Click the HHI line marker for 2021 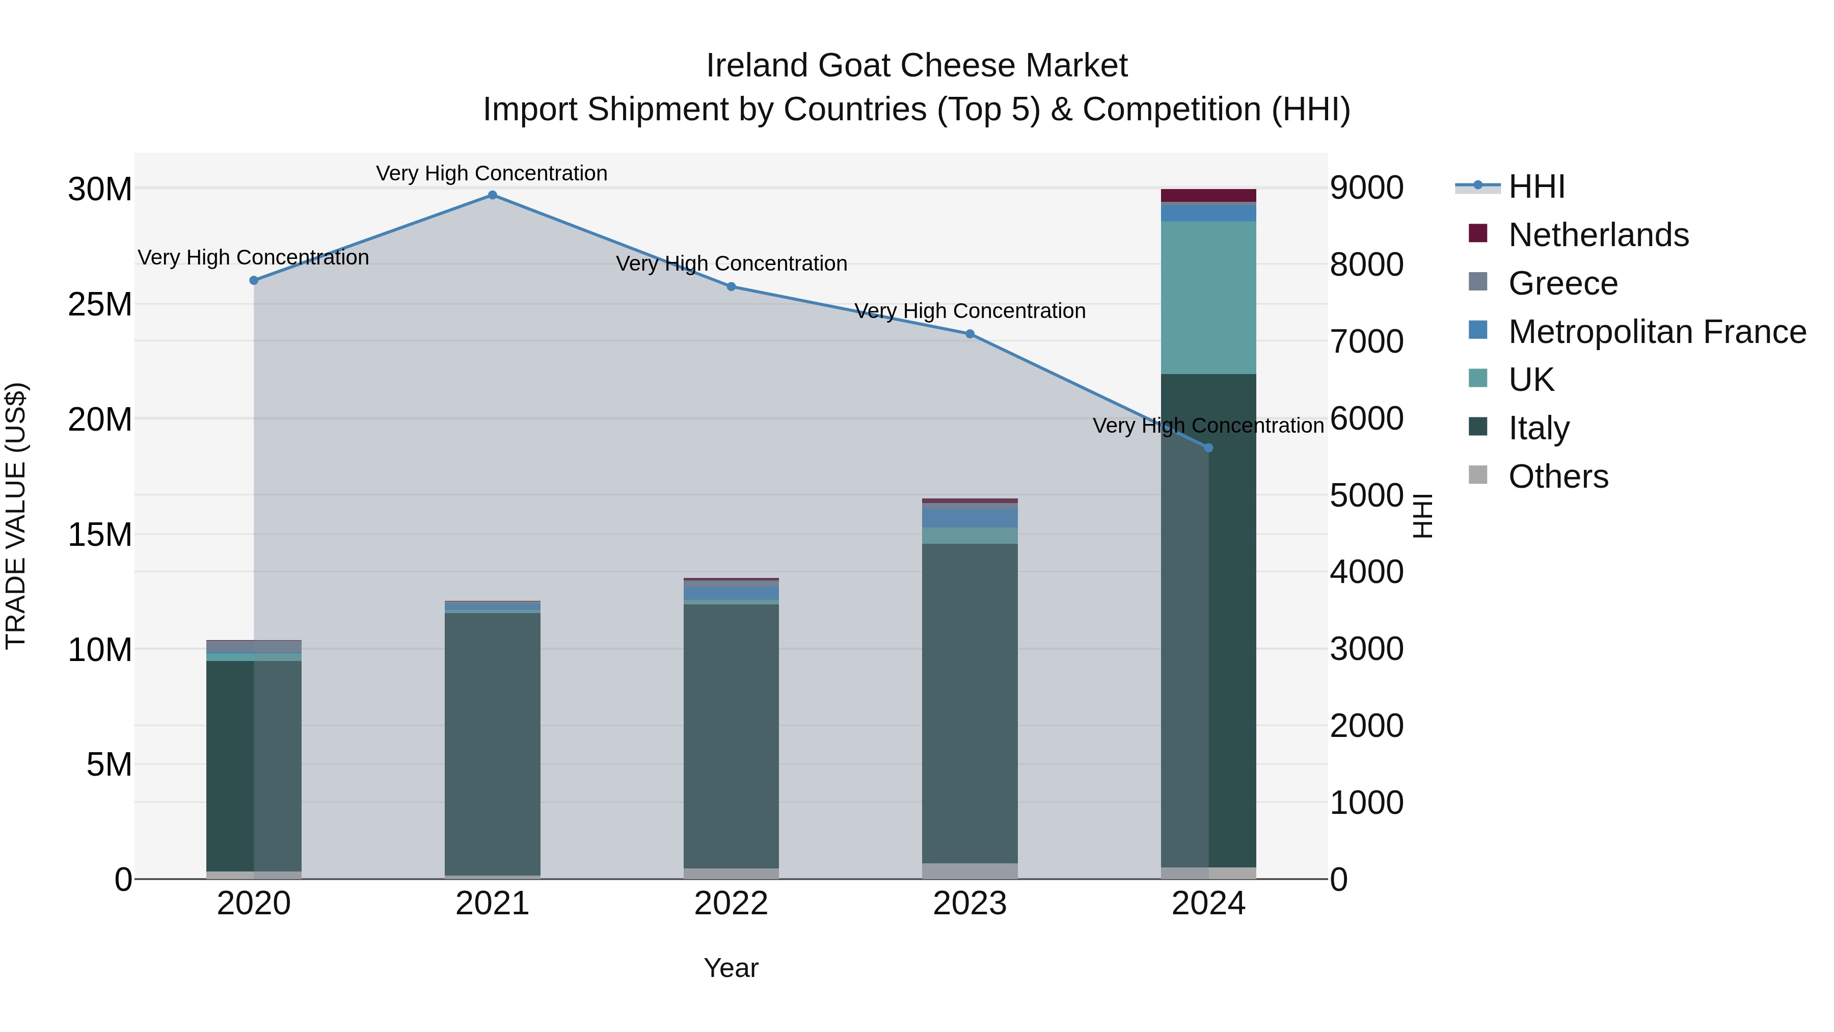click(x=492, y=195)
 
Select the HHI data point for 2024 click(x=1208, y=448)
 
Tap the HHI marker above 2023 click(x=969, y=334)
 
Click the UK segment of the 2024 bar click(x=1208, y=297)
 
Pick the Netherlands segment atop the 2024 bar click(x=1208, y=195)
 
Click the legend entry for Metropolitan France click(x=1657, y=332)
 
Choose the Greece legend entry click(x=1563, y=283)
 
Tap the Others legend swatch click(x=1478, y=475)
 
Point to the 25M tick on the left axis click(x=100, y=305)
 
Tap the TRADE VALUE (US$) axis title click(x=16, y=516)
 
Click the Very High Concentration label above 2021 click(x=492, y=173)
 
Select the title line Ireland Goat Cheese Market click(x=916, y=66)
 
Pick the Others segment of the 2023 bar click(x=969, y=871)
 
